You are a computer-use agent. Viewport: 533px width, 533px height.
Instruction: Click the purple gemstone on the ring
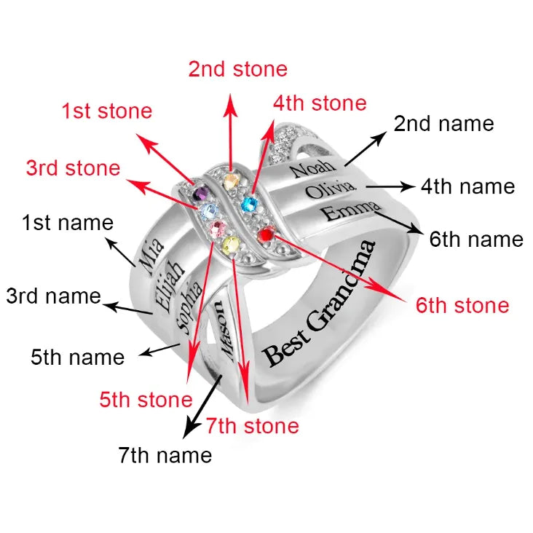[x=201, y=194]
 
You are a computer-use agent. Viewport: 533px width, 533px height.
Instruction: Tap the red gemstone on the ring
[x=266, y=234]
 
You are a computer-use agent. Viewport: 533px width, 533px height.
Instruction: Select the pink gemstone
[x=218, y=229]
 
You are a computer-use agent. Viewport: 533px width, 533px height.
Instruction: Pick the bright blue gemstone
[x=250, y=205]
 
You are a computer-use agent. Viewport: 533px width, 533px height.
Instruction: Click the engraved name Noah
[x=313, y=167]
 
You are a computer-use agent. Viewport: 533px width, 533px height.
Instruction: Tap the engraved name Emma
[x=350, y=210]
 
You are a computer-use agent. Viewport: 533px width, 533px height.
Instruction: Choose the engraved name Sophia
[x=189, y=307]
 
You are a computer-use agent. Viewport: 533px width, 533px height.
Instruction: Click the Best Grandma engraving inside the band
[x=319, y=304]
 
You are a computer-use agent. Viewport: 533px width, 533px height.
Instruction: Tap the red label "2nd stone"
[x=238, y=69]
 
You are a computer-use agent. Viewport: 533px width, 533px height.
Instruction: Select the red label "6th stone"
[x=462, y=305]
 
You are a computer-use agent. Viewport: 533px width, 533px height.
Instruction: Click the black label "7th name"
[x=165, y=455]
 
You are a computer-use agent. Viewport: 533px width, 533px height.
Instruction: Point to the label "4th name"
[x=468, y=186]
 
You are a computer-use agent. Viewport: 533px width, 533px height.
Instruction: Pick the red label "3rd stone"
[x=73, y=168]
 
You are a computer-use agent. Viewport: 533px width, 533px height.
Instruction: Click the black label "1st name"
[x=68, y=223]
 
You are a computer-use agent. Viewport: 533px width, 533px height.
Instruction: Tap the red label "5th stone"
[x=146, y=400]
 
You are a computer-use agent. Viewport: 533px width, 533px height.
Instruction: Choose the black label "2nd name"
[x=443, y=123]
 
